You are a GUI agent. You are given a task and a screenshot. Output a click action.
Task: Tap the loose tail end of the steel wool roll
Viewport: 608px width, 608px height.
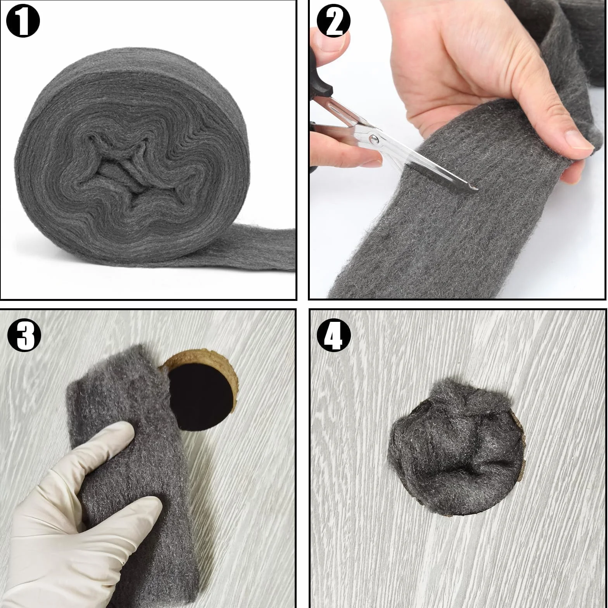[x=252, y=248]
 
